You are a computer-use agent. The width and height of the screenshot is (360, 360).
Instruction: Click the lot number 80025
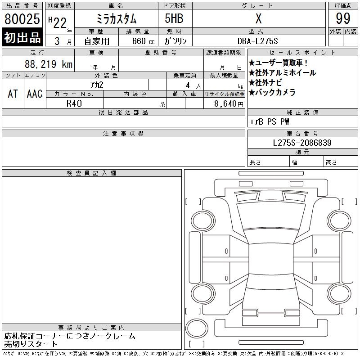coord(22,19)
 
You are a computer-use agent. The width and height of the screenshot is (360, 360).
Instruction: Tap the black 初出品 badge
coord(22,37)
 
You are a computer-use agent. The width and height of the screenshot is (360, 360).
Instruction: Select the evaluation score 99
coord(343,18)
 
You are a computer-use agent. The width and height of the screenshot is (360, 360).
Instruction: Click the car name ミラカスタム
coord(117,19)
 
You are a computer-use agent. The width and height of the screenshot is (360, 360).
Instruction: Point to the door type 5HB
coord(174,18)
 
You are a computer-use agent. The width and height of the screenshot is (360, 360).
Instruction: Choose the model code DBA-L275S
coord(257,41)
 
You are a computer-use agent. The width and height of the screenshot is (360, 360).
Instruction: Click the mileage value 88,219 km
coord(49,64)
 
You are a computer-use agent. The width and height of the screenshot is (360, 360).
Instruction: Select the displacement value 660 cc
coord(143,41)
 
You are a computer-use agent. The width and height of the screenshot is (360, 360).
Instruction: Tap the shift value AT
coord(13,94)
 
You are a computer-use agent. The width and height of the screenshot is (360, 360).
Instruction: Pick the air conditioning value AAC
coord(35,94)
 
